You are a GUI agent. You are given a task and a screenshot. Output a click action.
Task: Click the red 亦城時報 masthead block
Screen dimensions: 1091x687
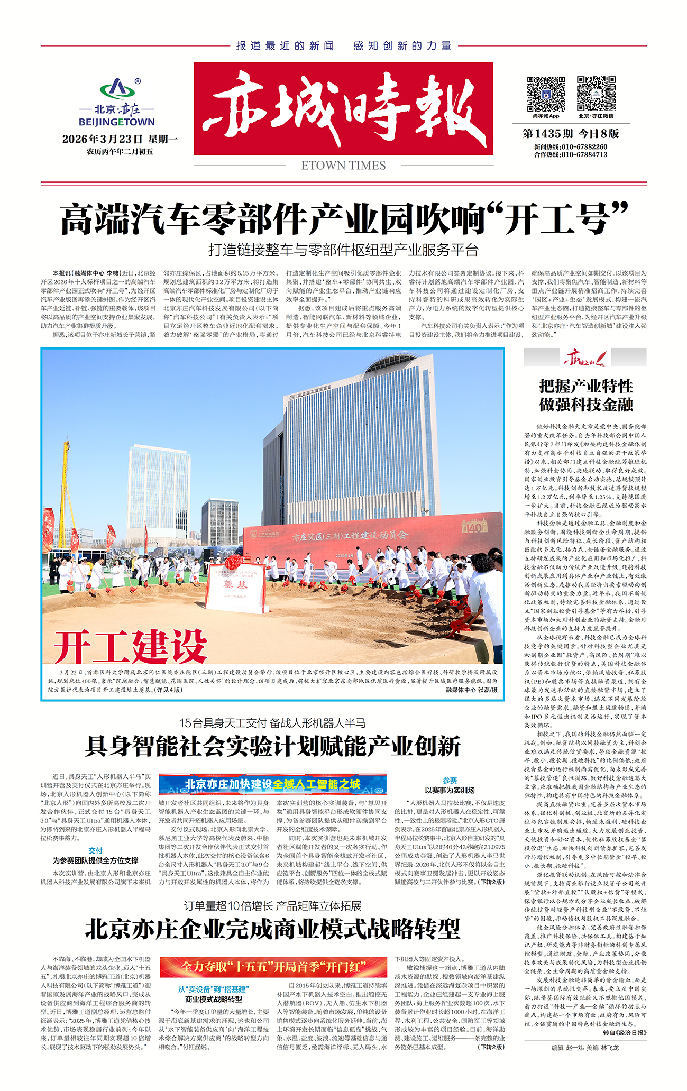click(x=343, y=108)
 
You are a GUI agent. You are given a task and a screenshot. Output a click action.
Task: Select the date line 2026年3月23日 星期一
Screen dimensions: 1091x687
click(x=120, y=139)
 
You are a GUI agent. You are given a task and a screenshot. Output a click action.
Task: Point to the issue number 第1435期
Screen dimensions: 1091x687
click(x=547, y=133)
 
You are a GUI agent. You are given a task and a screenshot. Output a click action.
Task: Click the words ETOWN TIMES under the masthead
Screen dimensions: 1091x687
click(x=343, y=166)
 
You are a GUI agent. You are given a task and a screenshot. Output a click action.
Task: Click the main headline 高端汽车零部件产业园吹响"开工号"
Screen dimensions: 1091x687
click(x=344, y=218)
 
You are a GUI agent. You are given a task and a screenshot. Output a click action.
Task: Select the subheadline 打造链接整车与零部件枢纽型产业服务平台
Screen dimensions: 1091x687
click(x=343, y=250)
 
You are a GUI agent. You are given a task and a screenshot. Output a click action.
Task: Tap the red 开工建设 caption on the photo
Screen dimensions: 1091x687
click(x=131, y=646)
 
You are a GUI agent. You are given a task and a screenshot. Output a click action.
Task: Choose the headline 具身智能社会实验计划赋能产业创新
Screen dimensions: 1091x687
click(x=272, y=746)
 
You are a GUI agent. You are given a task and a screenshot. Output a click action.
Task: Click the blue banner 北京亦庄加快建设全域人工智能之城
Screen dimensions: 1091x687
click(x=272, y=784)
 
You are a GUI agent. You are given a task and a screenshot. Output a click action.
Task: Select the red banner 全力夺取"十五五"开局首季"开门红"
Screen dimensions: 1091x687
click(x=273, y=967)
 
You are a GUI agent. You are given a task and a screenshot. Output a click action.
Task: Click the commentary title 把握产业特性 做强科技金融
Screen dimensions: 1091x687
click(x=585, y=395)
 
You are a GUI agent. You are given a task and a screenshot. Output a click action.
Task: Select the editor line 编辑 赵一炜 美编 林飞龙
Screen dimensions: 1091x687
click(x=584, y=1047)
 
